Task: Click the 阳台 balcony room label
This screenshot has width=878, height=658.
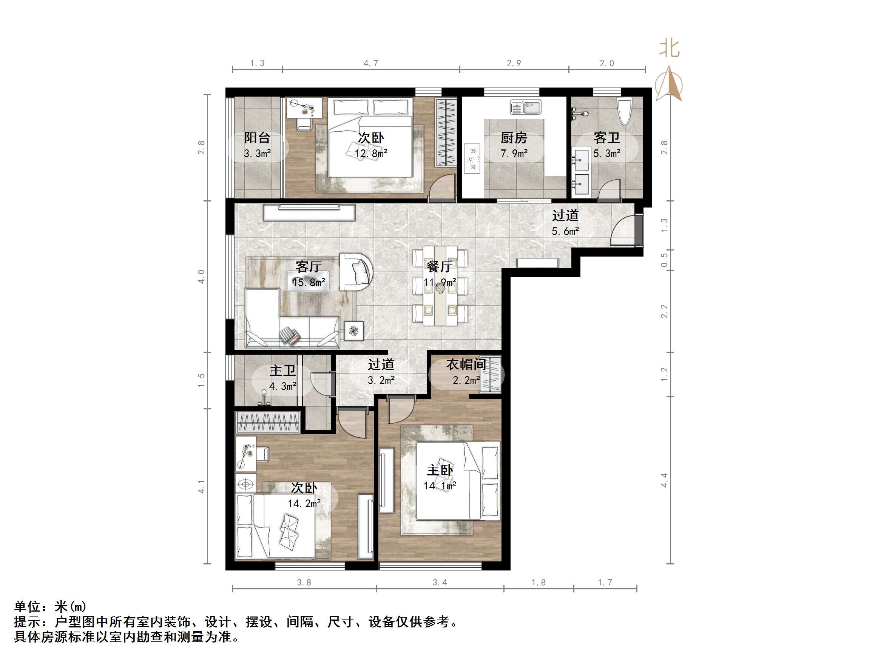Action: point(257,138)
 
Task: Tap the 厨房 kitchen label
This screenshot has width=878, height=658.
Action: point(514,138)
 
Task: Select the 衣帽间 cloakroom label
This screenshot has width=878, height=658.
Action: point(466,364)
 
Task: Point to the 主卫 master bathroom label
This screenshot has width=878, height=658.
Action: point(282,371)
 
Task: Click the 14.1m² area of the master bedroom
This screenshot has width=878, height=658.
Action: point(440,486)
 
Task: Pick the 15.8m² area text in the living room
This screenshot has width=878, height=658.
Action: point(309,282)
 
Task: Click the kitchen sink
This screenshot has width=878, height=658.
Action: point(526,107)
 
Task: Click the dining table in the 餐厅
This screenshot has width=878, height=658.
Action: point(440,286)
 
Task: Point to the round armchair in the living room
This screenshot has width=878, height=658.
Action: point(356,272)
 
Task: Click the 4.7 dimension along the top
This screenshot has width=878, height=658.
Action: point(371,63)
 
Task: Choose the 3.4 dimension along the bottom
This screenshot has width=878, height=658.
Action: point(440,582)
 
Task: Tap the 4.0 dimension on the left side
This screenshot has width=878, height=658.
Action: point(202,277)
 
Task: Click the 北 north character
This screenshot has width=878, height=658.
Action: point(669,49)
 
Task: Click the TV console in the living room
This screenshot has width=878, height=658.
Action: point(309,212)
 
